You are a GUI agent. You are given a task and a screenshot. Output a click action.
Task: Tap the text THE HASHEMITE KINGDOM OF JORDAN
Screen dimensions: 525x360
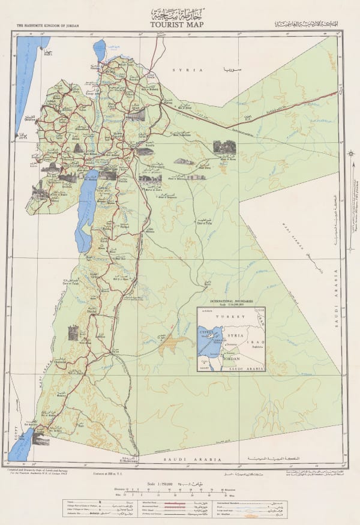(49, 26)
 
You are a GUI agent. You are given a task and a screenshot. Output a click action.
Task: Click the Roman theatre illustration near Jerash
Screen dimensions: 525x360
(136, 114)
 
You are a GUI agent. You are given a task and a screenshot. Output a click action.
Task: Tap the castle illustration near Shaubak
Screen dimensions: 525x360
(73, 334)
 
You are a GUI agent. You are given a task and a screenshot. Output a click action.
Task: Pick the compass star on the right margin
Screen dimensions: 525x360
(350, 155)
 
